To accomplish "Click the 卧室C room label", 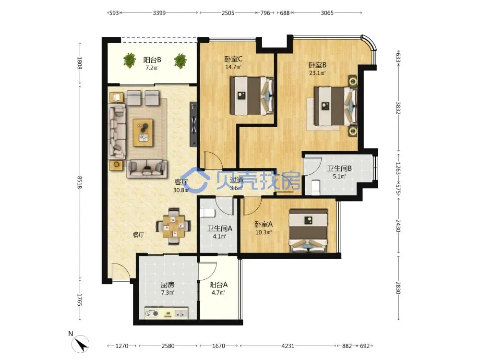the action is (x=233, y=59).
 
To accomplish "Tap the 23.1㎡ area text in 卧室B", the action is (x=317, y=73).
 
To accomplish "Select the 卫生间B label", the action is (x=339, y=168).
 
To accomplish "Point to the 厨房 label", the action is (x=168, y=285).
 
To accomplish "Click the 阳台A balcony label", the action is (x=218, y=285).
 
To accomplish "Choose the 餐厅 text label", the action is (x=138, y=235).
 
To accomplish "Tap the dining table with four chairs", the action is (x=174, y=227).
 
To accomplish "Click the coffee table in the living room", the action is (x=143, y=133).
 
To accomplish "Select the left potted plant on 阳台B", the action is (x=130, y=60).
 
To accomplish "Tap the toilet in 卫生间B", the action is (x=315, y=187).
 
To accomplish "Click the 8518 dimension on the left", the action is (x=80, y=182).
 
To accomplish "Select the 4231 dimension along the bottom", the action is (x=288, y=346).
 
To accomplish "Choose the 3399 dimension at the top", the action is (x=159, y=13).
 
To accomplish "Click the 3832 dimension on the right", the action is (x=398, y=108).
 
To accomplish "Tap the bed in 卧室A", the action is (x=309, y=231).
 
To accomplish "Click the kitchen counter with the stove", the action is (x=166, y=313).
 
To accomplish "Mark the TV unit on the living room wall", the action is (x=193, y=124).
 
